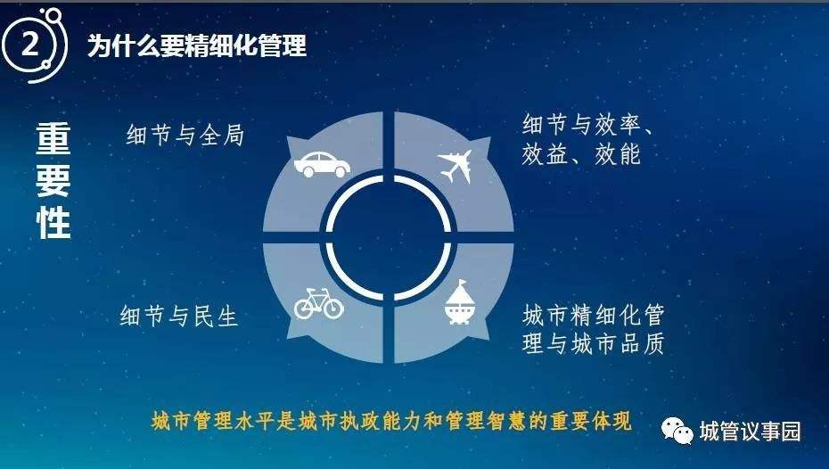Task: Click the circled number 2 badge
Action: (x=33, y=45)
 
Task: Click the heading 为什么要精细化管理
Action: (x=197, y=45)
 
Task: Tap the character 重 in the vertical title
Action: (x=53, y=139)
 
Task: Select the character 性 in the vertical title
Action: (x=53, y=223)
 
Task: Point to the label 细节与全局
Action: (x=185, y=135)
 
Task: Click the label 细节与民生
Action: (x=178, y=317)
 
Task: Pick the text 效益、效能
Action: (x=581, y=154)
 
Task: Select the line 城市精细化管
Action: (x=593, y=316)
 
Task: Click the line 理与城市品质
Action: (x=593, y=343)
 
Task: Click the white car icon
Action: (x=322, y=164)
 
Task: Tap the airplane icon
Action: (x=456, y=166)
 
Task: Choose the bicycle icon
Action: (x=319, y=303)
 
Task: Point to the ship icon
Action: (x=459, y=302)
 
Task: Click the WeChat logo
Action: (x=677, y=431)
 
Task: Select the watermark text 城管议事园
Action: (x=750, y=432)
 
